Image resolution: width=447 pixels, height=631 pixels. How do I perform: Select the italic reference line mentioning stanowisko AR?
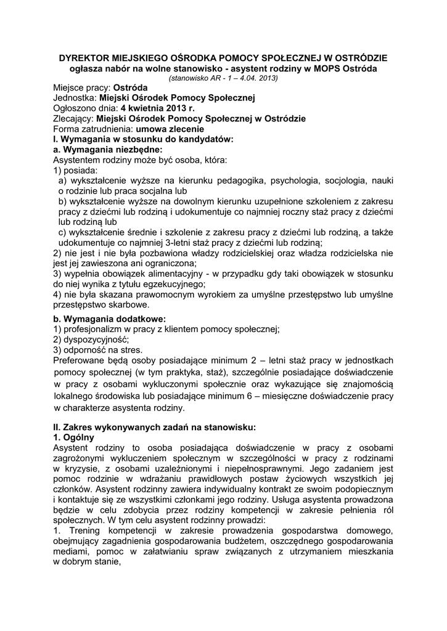[223, 78]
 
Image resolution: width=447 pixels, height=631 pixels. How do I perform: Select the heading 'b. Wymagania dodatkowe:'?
[109, 319]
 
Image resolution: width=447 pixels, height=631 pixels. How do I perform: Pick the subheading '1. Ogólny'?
[74, 436]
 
